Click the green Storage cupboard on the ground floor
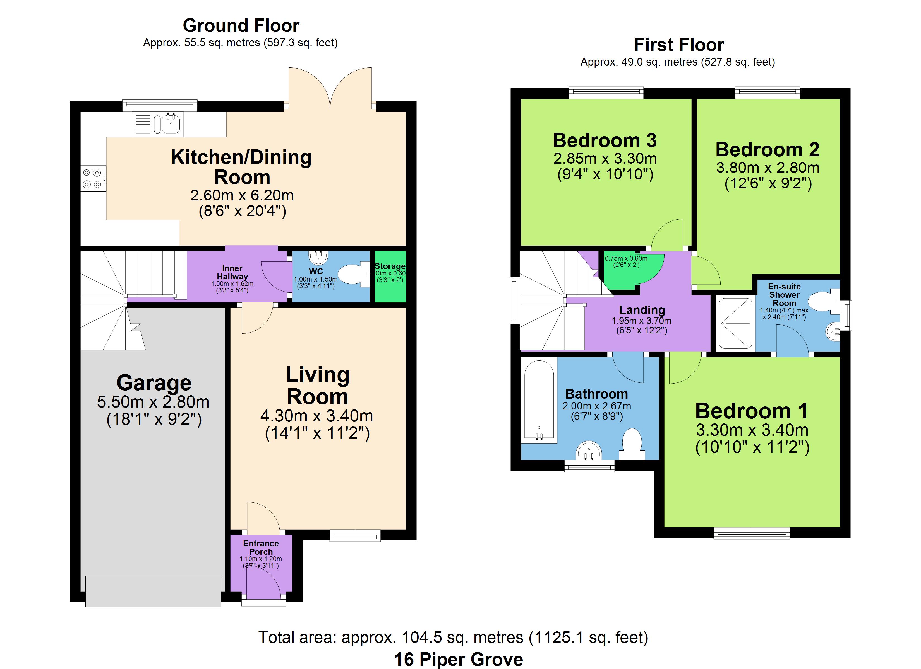(390, 276)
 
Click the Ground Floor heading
(241, 26)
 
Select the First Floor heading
(679, 45)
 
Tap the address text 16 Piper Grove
(459, 659)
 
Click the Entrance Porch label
(261, 547)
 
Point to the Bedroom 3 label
(605, 140)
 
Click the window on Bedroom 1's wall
(752, 533)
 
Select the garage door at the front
(153, 591)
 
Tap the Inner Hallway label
(232, 272)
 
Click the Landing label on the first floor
(642, 310)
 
